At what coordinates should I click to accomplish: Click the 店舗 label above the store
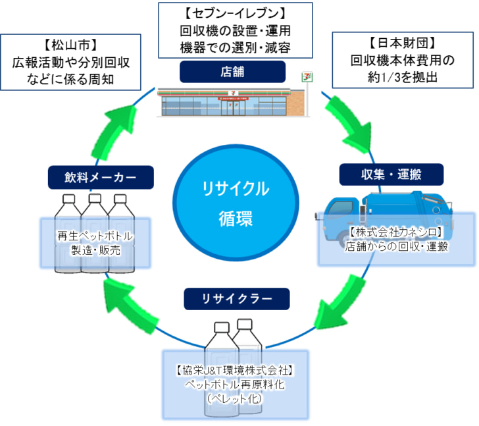[x=232, y=72]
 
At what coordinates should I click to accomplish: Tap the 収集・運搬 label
[x=391, y=174]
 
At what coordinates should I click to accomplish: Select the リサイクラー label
[x=236, y=299]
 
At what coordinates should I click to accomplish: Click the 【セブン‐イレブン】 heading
[x=236, y=13]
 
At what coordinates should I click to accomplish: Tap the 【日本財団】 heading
[x=403, y=43]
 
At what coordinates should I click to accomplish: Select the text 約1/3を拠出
[x=402, y=75]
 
